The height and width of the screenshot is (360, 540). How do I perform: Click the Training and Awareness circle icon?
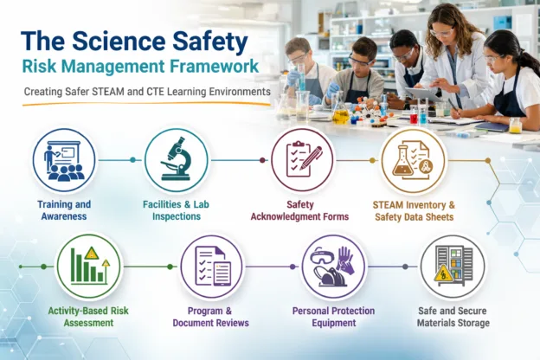[65, 160]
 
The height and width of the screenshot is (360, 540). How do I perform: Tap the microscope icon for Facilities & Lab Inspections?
[177, 160]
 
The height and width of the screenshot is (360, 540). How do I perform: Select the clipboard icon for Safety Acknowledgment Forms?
[302, 160]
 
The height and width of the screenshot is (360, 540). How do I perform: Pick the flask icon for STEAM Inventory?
[414, 160]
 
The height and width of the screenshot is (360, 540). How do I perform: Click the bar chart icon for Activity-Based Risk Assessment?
[89, 266]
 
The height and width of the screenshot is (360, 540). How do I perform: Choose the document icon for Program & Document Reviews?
[212, 266]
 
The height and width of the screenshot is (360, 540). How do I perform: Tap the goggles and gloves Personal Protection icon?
[333, 266]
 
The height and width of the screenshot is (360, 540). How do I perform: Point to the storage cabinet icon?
[452, 266]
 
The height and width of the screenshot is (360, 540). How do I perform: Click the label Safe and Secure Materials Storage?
[451, 317]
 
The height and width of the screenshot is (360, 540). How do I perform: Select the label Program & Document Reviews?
[212, 317]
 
